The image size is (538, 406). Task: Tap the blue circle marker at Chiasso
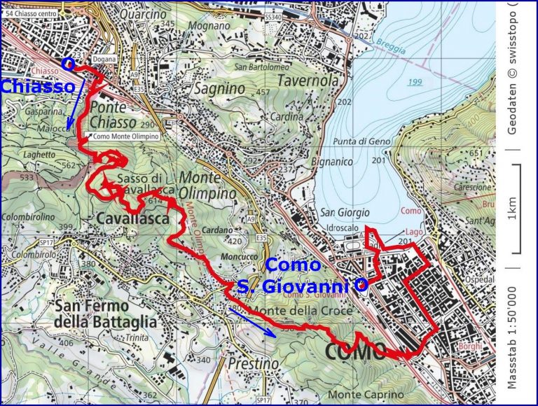[x=68, y=63]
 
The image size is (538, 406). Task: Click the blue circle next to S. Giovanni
[x=361, y=285]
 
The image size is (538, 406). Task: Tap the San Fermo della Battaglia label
[x=104, y=314]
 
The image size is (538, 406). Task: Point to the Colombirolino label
[x=28, y=217]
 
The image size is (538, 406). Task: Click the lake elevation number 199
[x=416, y=83]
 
